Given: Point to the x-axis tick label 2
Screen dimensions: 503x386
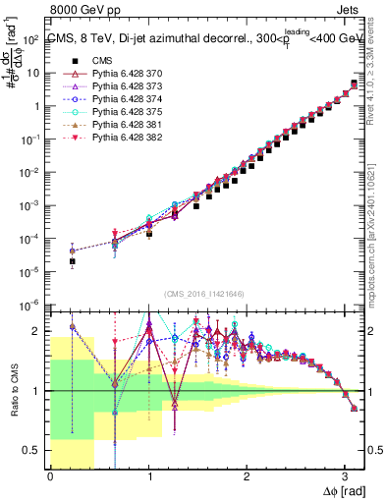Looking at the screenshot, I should click(247, 476).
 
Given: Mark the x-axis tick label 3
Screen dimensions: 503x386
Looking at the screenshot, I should click(345, 476).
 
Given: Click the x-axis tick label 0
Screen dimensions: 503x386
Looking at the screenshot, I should click(50, 476).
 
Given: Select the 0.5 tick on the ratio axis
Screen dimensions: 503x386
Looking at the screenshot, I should click(33, 450).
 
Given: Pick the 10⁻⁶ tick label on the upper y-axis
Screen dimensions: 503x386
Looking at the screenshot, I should click(31, 304).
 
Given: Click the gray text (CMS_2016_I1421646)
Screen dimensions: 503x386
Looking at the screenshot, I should click(205, 295).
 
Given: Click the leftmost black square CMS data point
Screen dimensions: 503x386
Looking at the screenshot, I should click(73, 261).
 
